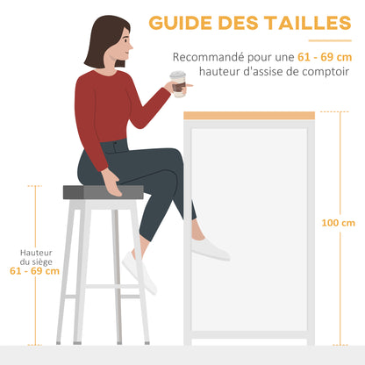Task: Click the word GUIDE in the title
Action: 178,22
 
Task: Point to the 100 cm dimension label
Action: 337,223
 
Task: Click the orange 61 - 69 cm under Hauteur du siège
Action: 35,272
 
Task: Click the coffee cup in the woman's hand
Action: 179,83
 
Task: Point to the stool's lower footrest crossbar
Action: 103,287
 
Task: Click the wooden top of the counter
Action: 249,116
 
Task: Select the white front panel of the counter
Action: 249,228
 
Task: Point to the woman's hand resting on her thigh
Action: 112,182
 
